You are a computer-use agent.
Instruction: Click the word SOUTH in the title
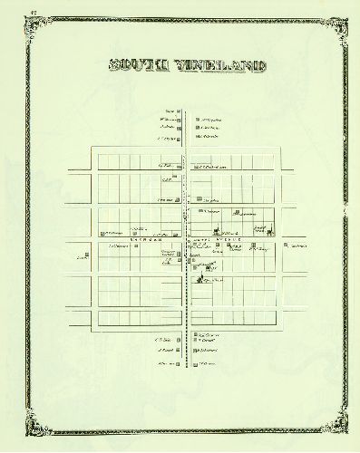click(137, 66)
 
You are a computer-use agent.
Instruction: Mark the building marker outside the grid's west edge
click(87, 255)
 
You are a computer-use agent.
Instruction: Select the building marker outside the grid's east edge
click(287, 246)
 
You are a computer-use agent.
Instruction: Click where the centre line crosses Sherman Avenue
click(186, 240)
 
